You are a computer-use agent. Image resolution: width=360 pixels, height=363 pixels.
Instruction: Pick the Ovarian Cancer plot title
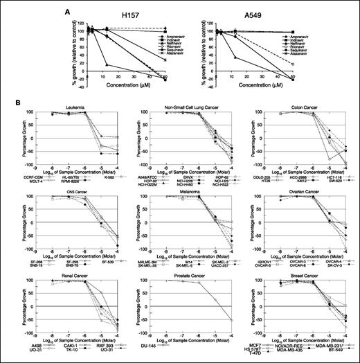296,193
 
